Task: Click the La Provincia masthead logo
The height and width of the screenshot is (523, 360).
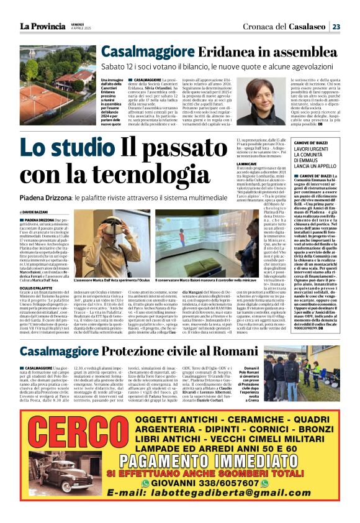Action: (x=42, y=26)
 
